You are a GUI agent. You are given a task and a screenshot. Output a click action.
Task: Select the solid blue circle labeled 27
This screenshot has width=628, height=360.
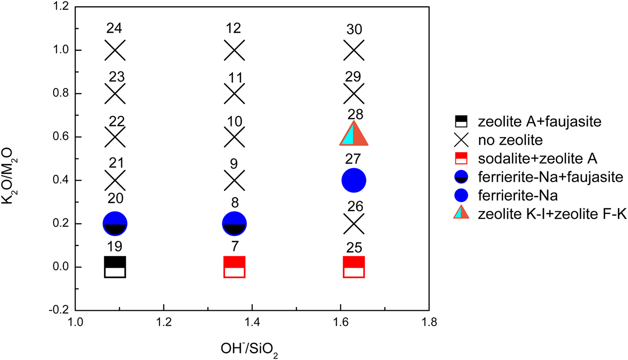coord(354,180)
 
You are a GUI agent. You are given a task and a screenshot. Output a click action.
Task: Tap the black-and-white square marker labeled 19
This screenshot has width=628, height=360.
coord(115,267)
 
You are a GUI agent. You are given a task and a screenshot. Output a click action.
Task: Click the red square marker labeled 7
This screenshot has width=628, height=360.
coord(234,267)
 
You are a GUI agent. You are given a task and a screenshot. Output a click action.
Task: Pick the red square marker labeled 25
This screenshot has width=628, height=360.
coord(354,267)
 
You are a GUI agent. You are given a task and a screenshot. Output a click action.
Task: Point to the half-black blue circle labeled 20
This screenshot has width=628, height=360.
coord(115,223)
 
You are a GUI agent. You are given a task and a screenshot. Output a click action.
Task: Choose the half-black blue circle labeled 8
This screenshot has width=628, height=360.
coord(234,223)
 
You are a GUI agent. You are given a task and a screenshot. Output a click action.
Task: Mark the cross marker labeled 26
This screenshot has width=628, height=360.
coord(354,223)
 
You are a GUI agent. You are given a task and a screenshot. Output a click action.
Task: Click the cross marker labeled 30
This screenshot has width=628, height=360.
coord(354,50)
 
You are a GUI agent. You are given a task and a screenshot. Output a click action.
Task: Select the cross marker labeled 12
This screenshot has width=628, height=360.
coord(234,50)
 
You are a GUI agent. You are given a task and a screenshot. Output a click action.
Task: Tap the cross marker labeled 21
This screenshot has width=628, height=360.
coord(115,180)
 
